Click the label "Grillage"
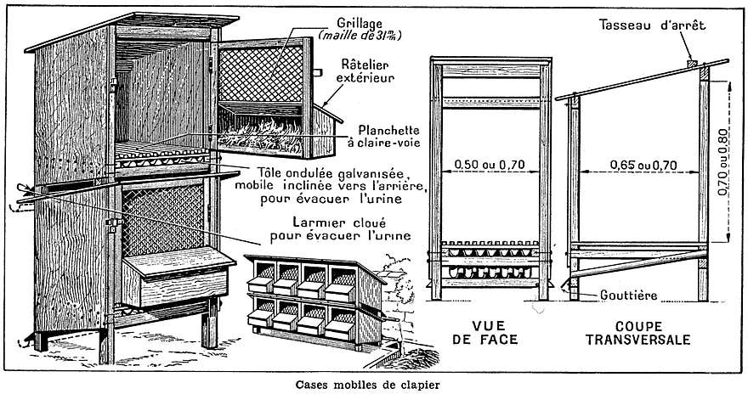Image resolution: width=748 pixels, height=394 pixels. point(360,23)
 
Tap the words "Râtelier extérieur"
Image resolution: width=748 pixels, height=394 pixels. point(365,70)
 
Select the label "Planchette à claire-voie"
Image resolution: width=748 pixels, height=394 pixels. point(384,136)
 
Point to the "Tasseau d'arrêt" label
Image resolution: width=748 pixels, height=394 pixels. point(653,25)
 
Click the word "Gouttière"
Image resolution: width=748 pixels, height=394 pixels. point(628,295)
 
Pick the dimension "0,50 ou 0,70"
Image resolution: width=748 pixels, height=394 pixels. point(490,165)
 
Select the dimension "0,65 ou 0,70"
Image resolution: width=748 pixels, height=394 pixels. point(643,165)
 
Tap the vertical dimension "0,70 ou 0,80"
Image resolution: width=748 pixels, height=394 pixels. point(722,161)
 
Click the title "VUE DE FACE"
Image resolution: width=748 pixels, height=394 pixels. point(488,333)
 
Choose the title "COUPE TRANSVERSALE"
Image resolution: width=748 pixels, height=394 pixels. point(638,333)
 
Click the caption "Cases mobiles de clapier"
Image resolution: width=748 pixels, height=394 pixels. point(367,384)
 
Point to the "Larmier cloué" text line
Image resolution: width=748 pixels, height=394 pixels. point(339,222)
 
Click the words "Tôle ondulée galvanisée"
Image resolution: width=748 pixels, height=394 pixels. point(333,172)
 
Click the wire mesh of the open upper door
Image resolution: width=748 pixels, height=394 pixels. point(261,73)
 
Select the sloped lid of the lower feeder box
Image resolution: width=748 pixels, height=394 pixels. point(178,261)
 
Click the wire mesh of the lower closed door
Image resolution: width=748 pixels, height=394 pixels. point(163,219)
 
